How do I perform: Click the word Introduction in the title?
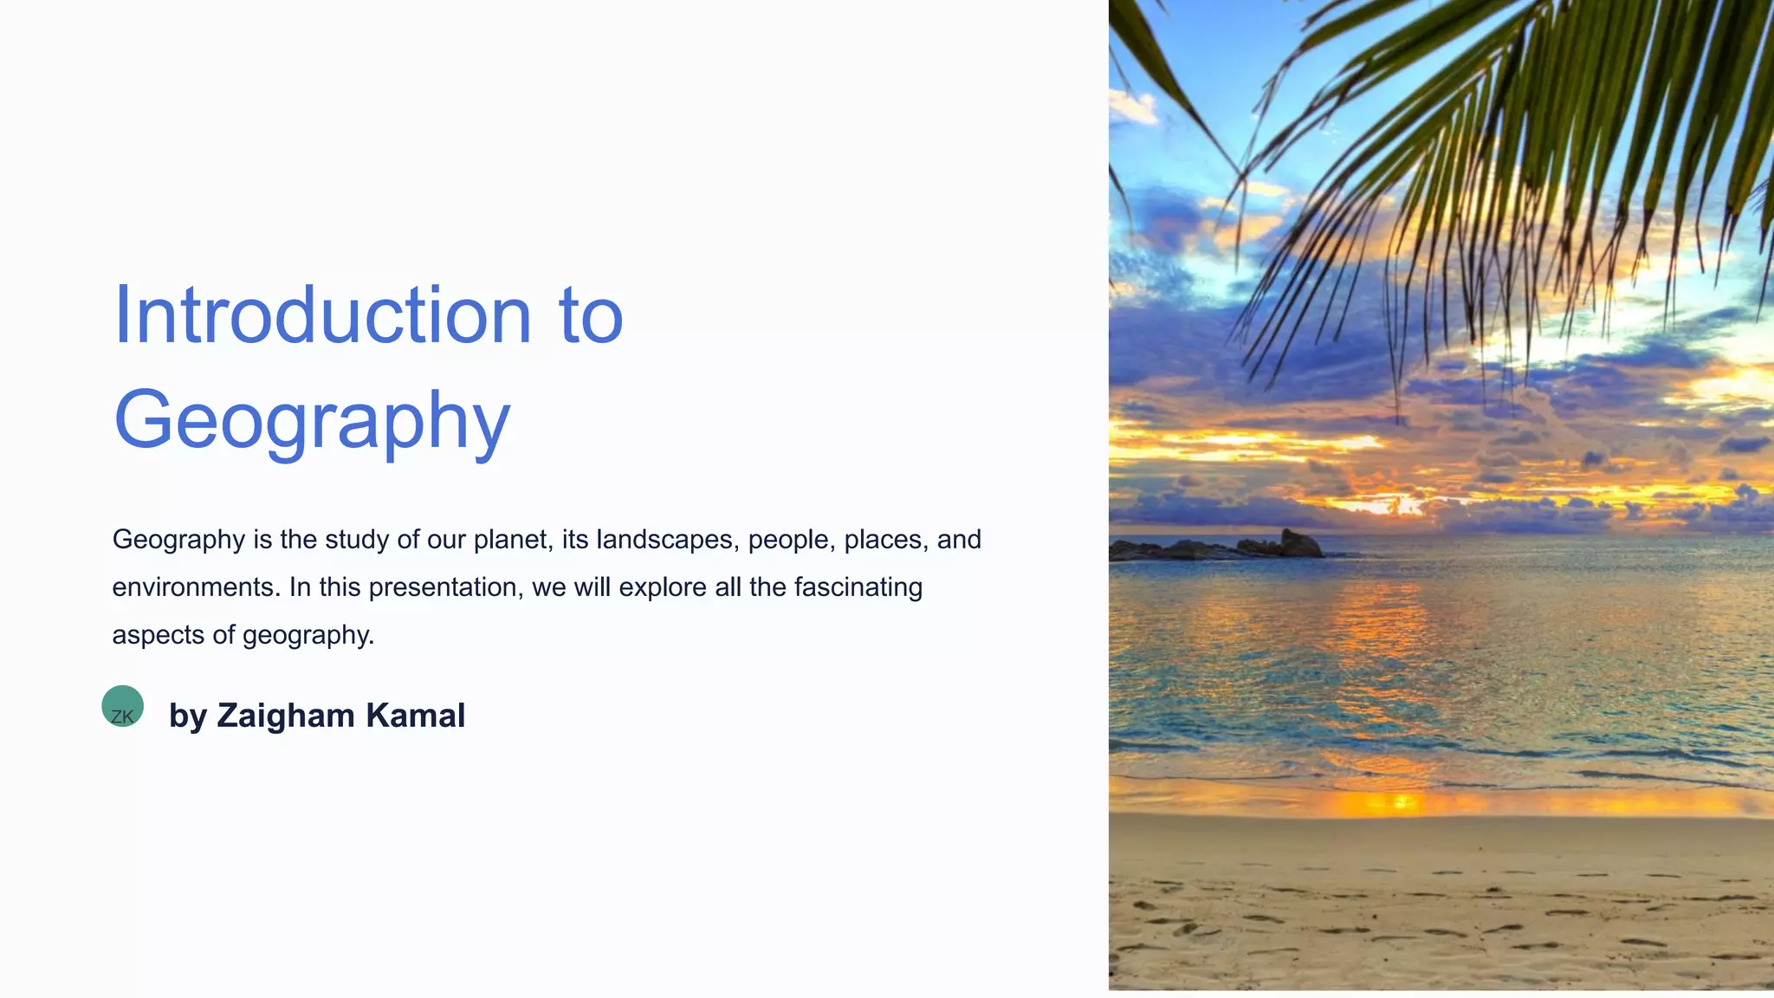click(x=321, y=315)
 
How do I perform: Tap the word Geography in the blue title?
click(x=312, y=421)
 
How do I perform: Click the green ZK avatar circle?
click(x=122, y=706)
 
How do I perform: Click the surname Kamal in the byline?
click(x=415, y=716)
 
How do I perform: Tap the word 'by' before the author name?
click(x=187, y=716)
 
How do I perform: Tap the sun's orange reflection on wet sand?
click(x=1399, y=803)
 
